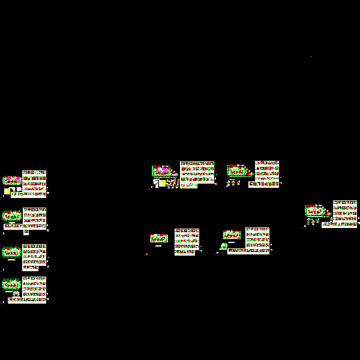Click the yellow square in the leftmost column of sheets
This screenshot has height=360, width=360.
tap(7, 191)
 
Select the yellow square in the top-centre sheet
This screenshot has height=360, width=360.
tap(162, 184)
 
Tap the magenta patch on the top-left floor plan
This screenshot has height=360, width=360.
tap(19, 179)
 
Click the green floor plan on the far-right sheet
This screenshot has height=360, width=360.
tap(316, 211)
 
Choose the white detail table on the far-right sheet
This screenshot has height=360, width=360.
tap(345, 213)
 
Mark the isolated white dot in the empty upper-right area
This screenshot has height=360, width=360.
tap(311, 57)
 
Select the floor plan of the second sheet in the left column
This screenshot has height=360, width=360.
tap(12, 215)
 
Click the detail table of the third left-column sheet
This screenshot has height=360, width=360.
tap(34, 254)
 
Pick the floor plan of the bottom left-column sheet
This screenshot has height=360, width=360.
tap(11, 284)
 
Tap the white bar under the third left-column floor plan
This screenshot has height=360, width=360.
tap(11, 260)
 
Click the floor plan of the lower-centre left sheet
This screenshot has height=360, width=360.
tap(159, 238)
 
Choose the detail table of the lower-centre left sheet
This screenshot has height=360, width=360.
tap(187, 241)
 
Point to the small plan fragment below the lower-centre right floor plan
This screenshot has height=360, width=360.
tap(224, 246)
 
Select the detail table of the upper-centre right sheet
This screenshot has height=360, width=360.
tap(266, 173)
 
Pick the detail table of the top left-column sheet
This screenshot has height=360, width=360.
tap(34, 182)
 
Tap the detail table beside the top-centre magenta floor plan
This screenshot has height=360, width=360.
tap(197, 173)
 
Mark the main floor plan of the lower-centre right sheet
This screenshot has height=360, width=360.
tap(232, 235)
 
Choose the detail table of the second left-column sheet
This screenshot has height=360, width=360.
tap(34, 218)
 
